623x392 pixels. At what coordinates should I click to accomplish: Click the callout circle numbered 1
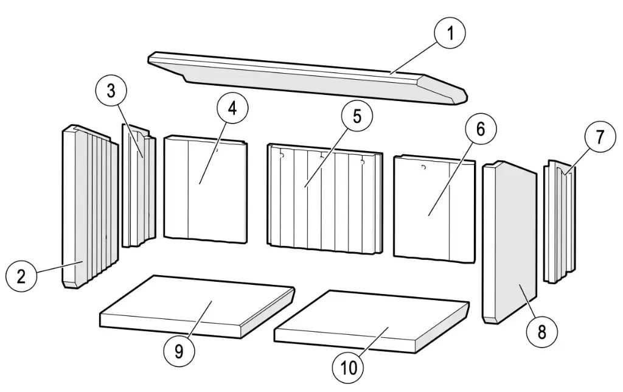point(450,33)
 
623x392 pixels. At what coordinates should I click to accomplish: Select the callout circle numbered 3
point(111,91)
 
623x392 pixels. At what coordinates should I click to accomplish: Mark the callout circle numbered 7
point(600,138)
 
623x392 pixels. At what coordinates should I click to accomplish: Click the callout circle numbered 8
point(542,332)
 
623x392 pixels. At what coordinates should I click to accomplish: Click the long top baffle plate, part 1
point(304,77)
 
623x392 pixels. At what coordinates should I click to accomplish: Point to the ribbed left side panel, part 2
point(85,207)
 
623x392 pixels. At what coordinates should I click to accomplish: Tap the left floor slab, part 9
point(195,304)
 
